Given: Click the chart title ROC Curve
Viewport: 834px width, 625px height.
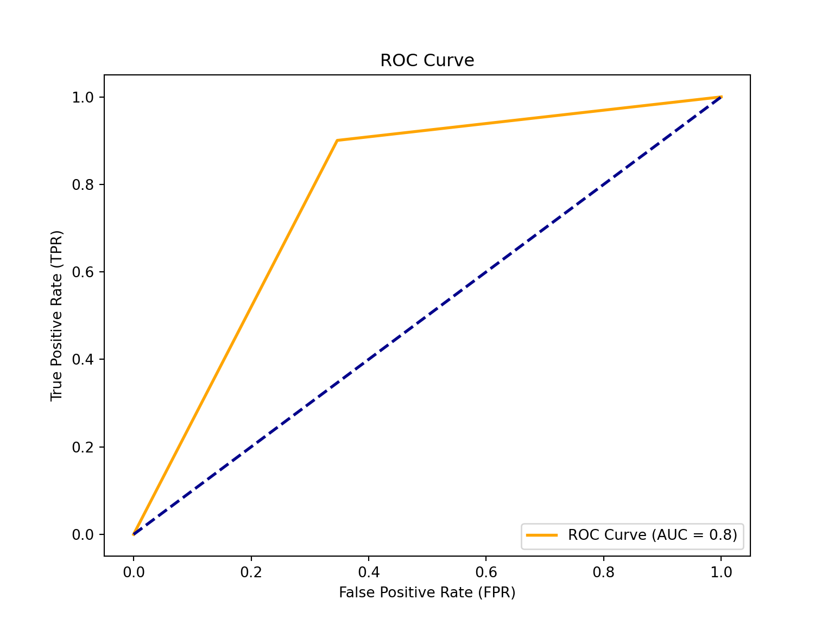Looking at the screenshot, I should [427, 60].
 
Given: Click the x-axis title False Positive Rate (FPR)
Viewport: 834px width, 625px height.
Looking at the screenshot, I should [427, 592].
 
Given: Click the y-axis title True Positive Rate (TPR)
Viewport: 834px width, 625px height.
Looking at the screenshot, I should [57, 316].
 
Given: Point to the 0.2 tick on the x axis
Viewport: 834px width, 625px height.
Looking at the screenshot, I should [251, 572].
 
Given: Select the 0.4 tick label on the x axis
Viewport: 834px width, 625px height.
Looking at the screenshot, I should [368, 572].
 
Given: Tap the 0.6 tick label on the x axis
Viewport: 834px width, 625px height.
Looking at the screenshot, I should [486, 572].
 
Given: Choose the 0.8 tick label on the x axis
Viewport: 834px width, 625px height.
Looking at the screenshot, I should [603, 572].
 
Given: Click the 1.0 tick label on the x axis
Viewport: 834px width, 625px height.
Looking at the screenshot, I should [721, 572].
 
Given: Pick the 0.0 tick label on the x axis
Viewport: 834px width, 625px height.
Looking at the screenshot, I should [133, 572].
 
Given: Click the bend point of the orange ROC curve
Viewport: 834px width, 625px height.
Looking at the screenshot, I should [337, 141].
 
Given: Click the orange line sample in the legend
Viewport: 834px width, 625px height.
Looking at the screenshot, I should [542, 535].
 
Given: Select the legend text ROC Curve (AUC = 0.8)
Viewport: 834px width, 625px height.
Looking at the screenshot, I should [652, 535].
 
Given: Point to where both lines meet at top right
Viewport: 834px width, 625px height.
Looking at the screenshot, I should [721, 97].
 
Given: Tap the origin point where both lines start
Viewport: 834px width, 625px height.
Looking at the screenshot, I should [134, 534].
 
